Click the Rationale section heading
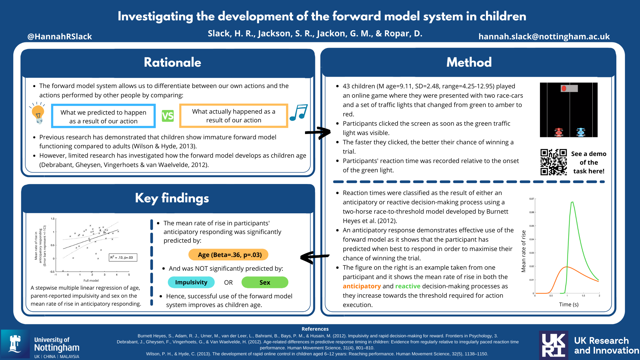[172, 62]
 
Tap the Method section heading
[469, 62]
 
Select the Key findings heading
[172, 198]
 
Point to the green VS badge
[168, 116]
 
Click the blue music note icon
[299, 113]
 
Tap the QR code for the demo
[553, 162]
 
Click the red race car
[559, 132]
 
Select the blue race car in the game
[581, 132]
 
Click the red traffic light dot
[564, 88]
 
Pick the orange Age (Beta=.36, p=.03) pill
[229, 255]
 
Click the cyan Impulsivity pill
[191, 282]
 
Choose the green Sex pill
[265, 282]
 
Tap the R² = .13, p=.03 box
[123, 257]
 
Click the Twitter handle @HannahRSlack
[60, 36]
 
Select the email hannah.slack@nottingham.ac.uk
[544, 36]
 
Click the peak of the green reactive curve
[572, 202]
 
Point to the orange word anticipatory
[362, 286]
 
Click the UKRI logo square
[554, 345]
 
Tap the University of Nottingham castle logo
[15, 344]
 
